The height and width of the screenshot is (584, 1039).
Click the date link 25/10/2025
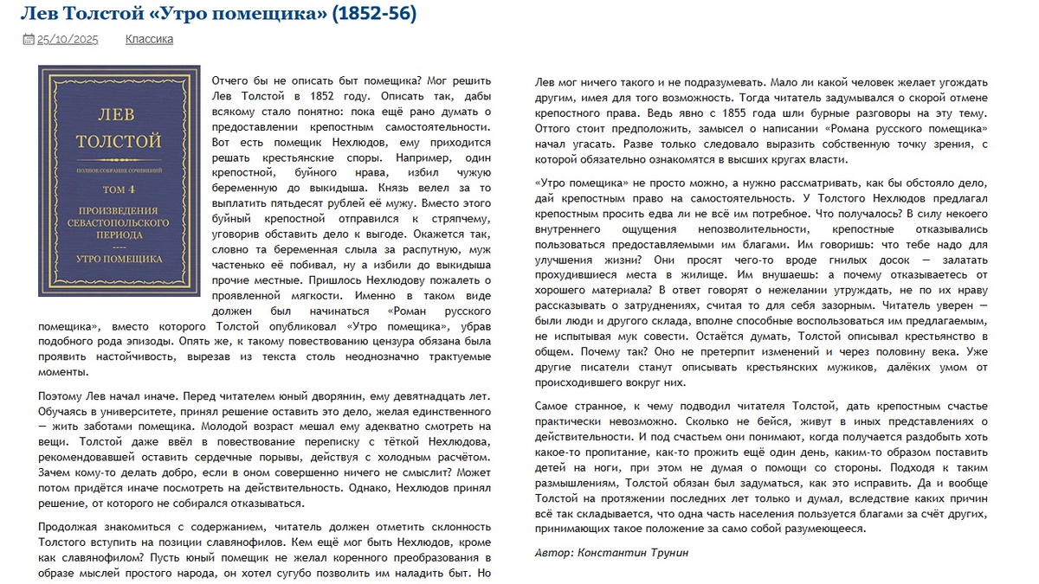click(68, 39)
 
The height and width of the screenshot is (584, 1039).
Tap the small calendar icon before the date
click(28, 39)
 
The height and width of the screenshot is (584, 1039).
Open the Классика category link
click(149, 39)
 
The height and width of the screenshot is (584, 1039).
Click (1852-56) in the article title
click(373, 14)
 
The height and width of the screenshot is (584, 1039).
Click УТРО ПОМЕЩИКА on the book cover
click(119, 258)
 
